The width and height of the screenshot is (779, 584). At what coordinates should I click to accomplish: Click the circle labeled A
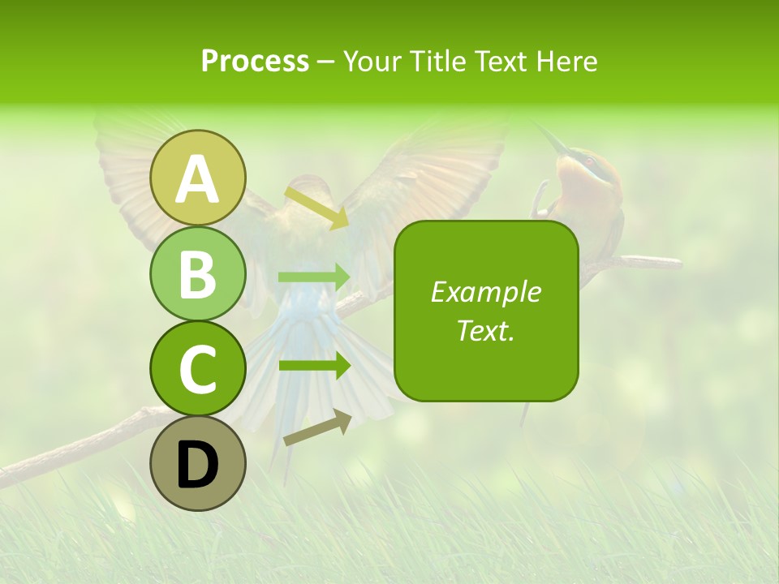(198, 178)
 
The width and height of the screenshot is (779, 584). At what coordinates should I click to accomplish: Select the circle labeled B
(198, 273)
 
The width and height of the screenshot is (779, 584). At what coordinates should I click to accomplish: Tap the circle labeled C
(198, 368)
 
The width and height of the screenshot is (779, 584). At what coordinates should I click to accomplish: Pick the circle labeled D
(198, 463)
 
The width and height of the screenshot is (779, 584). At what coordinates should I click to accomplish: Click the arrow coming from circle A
(316, 208)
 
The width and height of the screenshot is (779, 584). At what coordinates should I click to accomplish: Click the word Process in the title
(255, 61)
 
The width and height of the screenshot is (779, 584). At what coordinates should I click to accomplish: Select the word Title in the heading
(431, 61)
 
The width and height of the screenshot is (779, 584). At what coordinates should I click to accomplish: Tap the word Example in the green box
(485, 292)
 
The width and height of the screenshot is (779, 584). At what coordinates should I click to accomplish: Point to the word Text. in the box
(485, 330)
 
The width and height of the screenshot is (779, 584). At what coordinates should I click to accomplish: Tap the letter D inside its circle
(198, 465)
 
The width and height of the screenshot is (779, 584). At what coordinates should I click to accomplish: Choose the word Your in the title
(372, 61)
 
